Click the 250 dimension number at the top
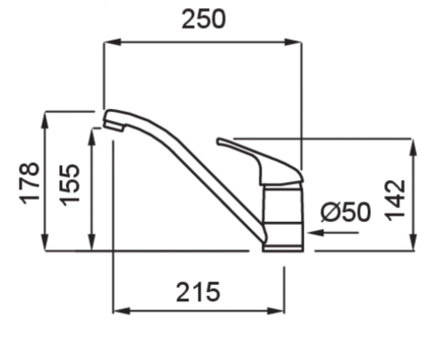point(204,19)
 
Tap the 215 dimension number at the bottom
point(198,292)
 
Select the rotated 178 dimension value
point(29,183)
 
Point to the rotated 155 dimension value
point(70,185)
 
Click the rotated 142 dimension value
point(395,200)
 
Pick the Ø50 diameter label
point(345,212)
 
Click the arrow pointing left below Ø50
point(333,233)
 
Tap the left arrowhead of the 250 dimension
point(113,42)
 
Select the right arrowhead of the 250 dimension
point(293,42)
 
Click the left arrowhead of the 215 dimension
point(122,311)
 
